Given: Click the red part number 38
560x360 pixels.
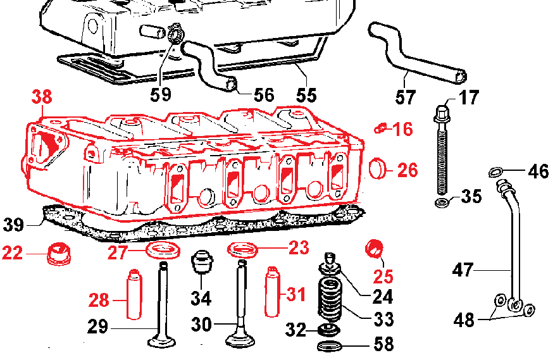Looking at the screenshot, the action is pyautogui.click(x=42, y=97).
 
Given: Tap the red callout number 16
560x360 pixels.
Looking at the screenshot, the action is pyautogui.click(x=403, y=129).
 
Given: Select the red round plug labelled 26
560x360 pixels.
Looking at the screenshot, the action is pyautogui.click(x=378, y=168).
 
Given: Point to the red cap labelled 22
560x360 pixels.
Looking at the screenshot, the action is pyautogui.click(x=59, y=254).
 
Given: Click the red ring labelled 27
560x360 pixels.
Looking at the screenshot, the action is pyautogui.click(x=163, y=250).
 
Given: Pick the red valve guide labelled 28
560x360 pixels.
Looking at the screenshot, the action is pyautogui.click(x=134, y=294).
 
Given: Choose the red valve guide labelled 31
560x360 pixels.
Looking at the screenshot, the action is pyautogui.click(x=272, y=291).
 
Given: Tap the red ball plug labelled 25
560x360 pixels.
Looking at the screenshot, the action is pyautogui.click(x=374, y=249).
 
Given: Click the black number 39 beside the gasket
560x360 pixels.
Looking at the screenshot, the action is pyautogui.click(x=13, y=225).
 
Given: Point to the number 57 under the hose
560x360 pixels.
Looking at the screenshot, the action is pyautogui.click(x=406, y=97).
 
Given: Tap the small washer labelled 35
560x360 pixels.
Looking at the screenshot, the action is pyautogui.click(x=442, y=202).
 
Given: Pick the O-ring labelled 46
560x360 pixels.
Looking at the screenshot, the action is pyautogui.click(x=495, y=172).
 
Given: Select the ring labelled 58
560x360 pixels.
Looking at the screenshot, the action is pyautogui.click(x=330, y=346).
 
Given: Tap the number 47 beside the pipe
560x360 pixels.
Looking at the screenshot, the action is pyautogui.click(x=463, y=270).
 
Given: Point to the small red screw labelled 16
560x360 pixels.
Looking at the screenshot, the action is pyautogui.click(x=380, y=128).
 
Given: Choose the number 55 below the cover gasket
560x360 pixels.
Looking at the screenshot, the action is pyautogui.click(x=306, y=96).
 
